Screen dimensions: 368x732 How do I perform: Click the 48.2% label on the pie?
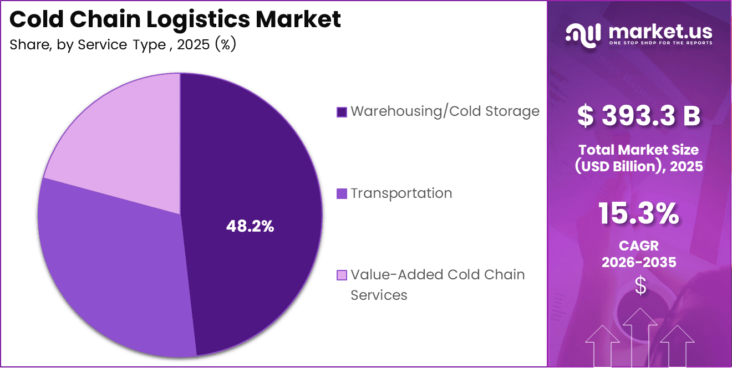click(x=250, y=226)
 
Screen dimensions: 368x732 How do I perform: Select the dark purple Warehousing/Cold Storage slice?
click(x=261, y=166)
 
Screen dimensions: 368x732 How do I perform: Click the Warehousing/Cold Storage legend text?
click(x=445, y=111)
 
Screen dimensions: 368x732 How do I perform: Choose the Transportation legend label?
click(x=401, y=193)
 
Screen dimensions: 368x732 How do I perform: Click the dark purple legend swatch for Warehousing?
click(x=342, y=112)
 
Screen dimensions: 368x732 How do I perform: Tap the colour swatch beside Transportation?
click(x=342, y=194)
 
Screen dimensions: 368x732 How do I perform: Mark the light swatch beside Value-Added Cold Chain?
click(x=342, y=275)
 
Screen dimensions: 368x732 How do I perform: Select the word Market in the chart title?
click(x=298, y=19)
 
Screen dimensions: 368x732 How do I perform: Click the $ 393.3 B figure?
click(x=639, y=116)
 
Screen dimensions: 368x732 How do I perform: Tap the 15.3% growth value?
click(x=639, y=214)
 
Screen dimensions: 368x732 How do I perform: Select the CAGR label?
click(x=639, y=246)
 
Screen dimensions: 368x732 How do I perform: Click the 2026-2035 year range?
click(x=639, y=262)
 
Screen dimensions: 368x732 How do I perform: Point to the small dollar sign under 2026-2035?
click(x=640, y=286)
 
